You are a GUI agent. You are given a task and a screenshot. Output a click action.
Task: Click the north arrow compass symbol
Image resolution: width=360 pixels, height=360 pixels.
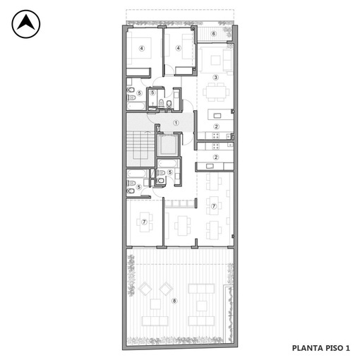26,24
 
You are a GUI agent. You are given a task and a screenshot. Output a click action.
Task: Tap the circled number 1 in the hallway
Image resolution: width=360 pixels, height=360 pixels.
176,123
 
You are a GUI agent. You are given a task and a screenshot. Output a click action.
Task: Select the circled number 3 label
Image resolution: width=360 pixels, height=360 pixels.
215,77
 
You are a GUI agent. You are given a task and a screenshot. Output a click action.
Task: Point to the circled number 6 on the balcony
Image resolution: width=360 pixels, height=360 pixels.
214,34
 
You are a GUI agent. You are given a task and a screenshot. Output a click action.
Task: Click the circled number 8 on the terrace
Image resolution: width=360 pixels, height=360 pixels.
174,301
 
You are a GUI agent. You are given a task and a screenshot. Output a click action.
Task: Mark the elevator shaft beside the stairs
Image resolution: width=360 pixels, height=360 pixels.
167,145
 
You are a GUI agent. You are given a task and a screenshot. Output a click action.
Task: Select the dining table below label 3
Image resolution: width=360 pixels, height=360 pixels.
216,92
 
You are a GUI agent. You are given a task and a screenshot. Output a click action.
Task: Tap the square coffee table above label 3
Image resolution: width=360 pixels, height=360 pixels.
215,60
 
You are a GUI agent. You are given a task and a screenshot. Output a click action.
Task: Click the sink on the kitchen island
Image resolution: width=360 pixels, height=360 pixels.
217,116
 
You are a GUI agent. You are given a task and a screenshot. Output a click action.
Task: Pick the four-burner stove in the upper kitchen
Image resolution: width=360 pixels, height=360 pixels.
216,136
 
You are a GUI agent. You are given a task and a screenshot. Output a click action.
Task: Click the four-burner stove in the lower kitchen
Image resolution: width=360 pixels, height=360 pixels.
216,146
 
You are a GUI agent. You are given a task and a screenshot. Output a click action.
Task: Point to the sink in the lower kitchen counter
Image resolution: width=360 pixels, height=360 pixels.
210,166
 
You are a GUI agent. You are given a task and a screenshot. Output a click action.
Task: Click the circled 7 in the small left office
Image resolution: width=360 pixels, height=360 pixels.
144,222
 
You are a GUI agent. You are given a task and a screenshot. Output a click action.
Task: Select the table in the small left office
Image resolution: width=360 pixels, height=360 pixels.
145,222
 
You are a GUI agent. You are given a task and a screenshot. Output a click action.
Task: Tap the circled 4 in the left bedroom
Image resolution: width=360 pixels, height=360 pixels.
141,48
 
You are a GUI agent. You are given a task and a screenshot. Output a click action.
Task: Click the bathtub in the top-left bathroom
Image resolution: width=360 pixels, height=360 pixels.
136,106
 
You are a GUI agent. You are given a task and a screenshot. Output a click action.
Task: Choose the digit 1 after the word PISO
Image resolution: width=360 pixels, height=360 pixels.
347,348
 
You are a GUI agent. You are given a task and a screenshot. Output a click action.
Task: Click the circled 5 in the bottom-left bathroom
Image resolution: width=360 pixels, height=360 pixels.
139,187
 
